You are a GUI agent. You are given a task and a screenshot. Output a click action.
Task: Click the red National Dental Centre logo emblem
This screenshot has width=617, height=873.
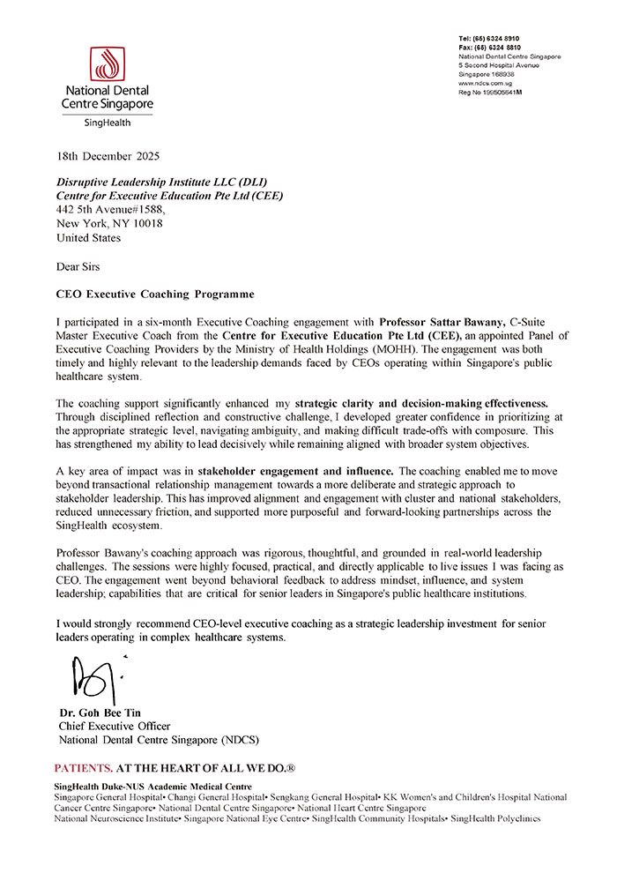[x=106, y=63]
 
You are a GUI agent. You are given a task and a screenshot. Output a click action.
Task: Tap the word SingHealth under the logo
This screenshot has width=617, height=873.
[x=106, y=123]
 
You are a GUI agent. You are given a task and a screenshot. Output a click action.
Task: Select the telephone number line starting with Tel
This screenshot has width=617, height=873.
[x=489, y=39]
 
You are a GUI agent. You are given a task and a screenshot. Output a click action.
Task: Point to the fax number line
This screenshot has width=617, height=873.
[x=489, y=48]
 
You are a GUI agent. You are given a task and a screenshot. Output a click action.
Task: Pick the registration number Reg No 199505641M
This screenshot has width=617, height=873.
[x=495, y=92]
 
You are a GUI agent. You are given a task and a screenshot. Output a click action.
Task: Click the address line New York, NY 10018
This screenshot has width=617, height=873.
[x=109, y=223]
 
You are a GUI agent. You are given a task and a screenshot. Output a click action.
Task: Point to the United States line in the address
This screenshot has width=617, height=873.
[x=88, y=237]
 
